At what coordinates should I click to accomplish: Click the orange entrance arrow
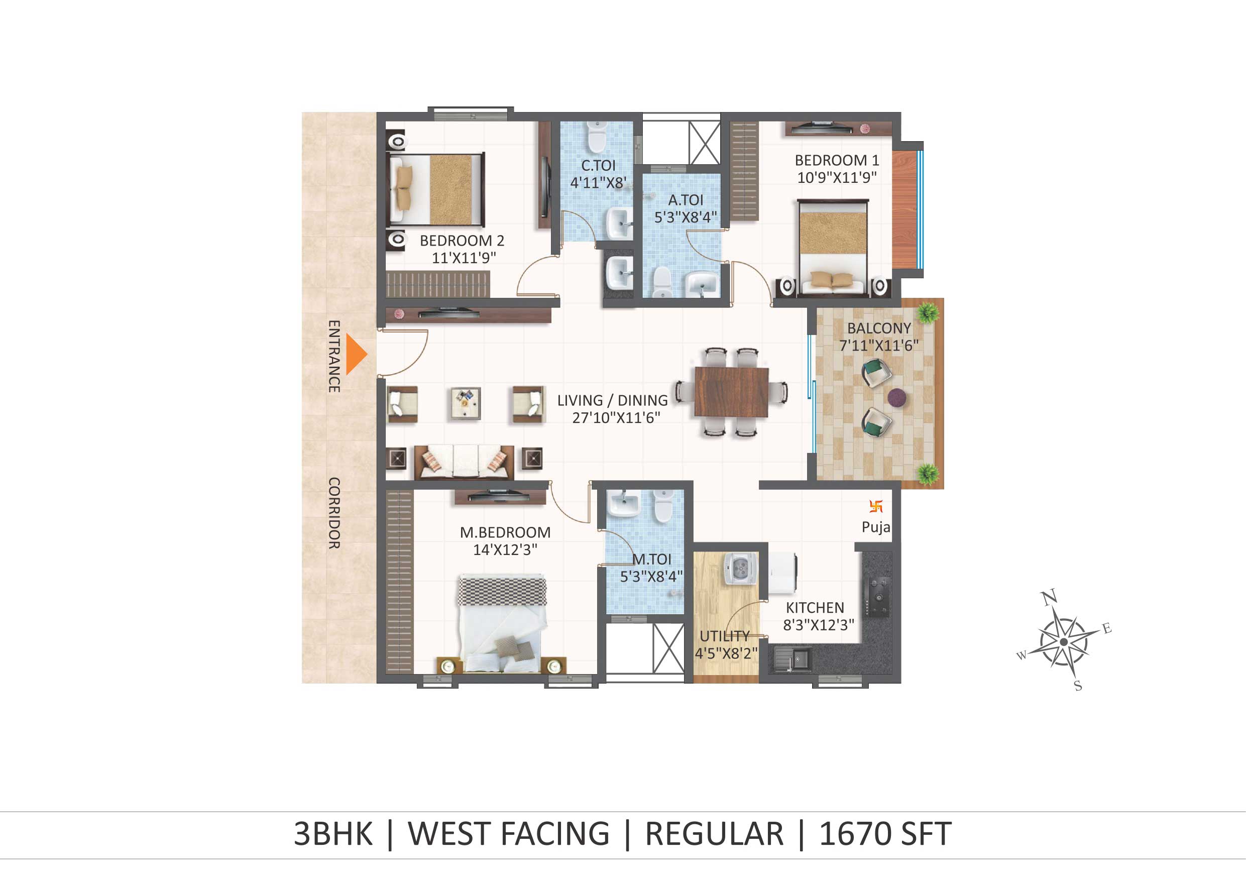click(356, 355)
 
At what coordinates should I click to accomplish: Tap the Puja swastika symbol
click(876, 506)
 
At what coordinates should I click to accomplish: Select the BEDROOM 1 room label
click(837, 160)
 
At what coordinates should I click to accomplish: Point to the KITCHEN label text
click(815, 607)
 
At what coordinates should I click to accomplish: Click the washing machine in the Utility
click(740, 570)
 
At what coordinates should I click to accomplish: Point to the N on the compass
click(1050, 597)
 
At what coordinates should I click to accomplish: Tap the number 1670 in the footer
click(853, 834)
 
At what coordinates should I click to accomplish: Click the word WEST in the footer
click(449, 834)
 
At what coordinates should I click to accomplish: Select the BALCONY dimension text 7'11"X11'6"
click(879, 345)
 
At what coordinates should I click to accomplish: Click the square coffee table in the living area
click(466, 403)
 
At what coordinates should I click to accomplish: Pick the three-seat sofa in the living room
click(464, 462)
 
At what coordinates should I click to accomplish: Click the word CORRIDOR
click(334, 513)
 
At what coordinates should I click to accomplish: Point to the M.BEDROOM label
click(505, 532)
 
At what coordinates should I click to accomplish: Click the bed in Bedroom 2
click(436, 189)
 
